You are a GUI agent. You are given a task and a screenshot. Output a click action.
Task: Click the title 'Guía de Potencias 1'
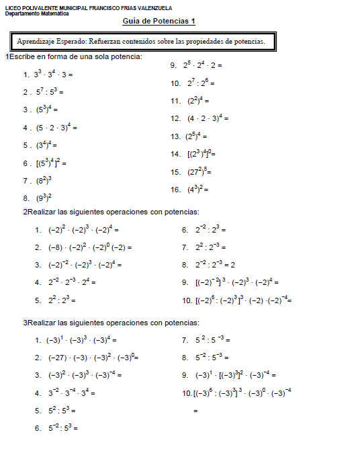(x=159, y=22)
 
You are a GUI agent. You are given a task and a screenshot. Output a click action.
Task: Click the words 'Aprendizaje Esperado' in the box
(x=54, y=42)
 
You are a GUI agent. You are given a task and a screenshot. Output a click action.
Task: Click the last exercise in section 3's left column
(x=61, y=427)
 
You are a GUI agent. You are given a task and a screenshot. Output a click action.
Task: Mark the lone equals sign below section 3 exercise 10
(x=195, y=409)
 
